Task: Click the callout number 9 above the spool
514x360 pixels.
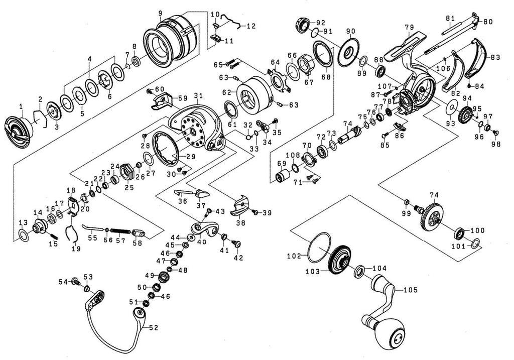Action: click(160, 14)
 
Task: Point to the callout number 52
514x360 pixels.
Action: click(154, 327)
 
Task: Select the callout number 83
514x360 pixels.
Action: click(495, 57)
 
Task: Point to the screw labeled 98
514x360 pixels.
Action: click(495, 133)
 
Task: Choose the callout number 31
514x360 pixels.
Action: click(198, 95)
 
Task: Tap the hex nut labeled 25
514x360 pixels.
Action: click(127, 172)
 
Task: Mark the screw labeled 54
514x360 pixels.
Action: click(75, 281)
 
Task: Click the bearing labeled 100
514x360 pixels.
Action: click(460, 234)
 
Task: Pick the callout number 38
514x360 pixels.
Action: click(241, 220)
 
